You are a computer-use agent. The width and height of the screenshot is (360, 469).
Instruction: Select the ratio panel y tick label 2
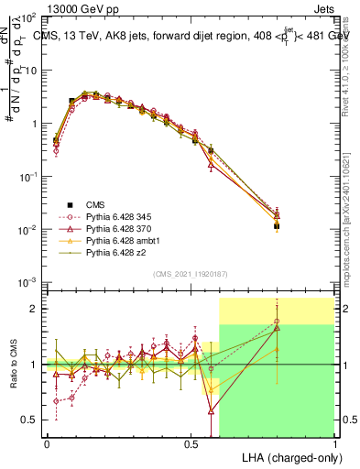pyautogui.click(x=33, y=309)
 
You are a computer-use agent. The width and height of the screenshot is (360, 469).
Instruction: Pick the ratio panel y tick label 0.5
pyautogui.click(x=30, y=420)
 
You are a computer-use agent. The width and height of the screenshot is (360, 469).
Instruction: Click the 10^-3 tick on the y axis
pyautogui.click(x=27, y=281)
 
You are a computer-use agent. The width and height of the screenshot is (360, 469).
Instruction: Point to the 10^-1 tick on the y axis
pyautogui.click(x=27, y=176)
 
